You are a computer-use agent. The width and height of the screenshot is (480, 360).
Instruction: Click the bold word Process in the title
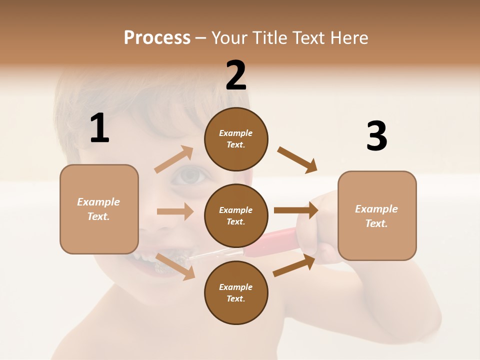(157, 38)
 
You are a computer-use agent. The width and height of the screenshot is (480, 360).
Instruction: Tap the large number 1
(99, 128)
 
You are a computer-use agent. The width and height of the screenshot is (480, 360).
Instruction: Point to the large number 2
(236, 75)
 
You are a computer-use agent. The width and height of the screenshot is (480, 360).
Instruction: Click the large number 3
(376, 136)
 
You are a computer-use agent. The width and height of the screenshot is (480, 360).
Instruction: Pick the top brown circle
(236, 139)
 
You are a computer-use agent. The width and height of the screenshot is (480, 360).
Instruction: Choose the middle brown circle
(236, 215)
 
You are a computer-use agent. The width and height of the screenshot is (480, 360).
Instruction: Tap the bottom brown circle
(236, 292)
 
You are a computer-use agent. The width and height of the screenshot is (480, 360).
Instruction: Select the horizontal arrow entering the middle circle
(175, 211)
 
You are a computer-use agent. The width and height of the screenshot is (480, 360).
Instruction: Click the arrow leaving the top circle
(297, 160)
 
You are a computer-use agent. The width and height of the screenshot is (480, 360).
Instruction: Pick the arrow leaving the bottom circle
(294, 265)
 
